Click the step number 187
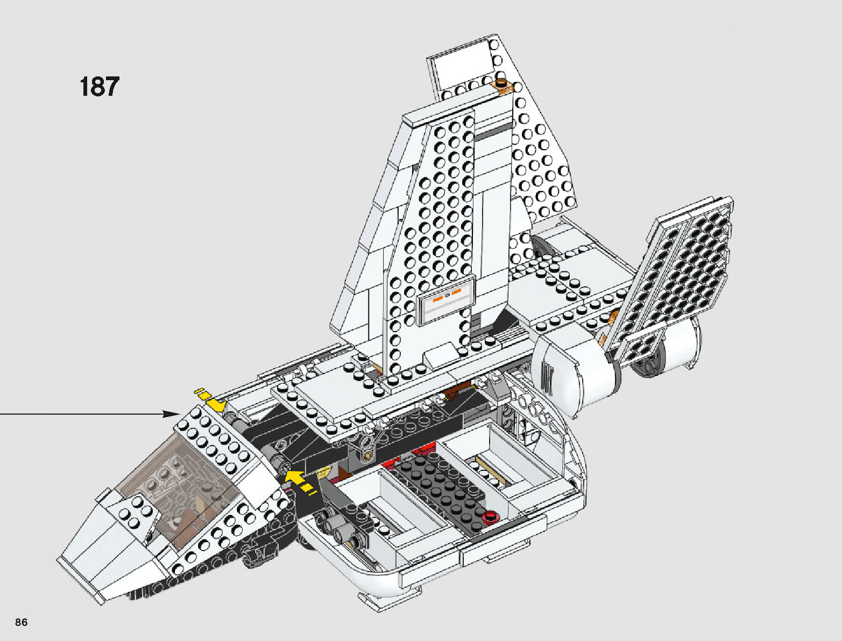pos(99,87)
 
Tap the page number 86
pos(22,623)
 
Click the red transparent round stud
pos(490,518)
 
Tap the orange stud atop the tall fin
pos(503,83)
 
